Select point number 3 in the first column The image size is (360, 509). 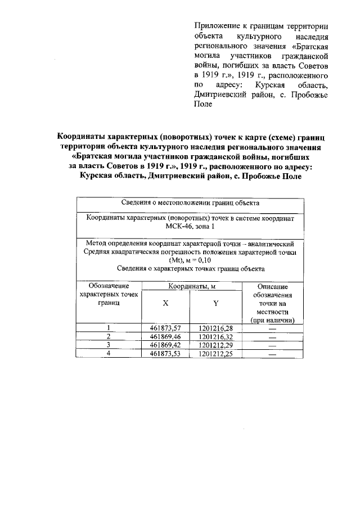tap(108, 345)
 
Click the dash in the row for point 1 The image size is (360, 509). tap(273, 328)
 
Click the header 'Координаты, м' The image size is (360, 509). tap(191, 287)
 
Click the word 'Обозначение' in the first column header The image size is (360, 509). tap(108, 286)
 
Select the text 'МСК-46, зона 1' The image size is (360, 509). tap(190, 226)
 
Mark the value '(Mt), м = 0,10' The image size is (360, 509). tap(190, 260)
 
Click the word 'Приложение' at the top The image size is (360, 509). tap(215, 26)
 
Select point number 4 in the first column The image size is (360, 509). tap(108, 354)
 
